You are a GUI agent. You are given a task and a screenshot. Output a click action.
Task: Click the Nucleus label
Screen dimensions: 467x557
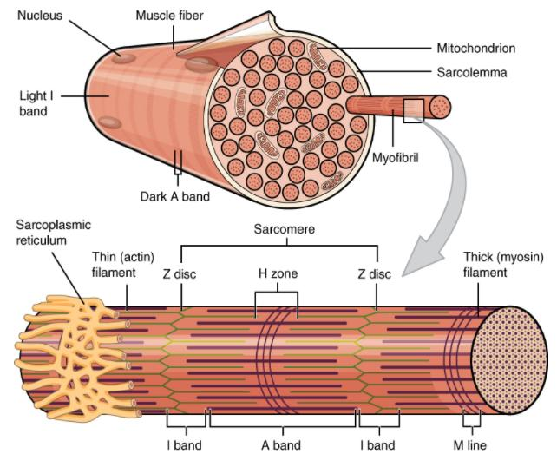(38, 16)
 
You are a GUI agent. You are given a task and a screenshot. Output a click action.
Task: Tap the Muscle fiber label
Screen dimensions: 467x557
(169, 16)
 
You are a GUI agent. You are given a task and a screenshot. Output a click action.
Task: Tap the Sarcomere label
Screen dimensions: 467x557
(278, 231)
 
